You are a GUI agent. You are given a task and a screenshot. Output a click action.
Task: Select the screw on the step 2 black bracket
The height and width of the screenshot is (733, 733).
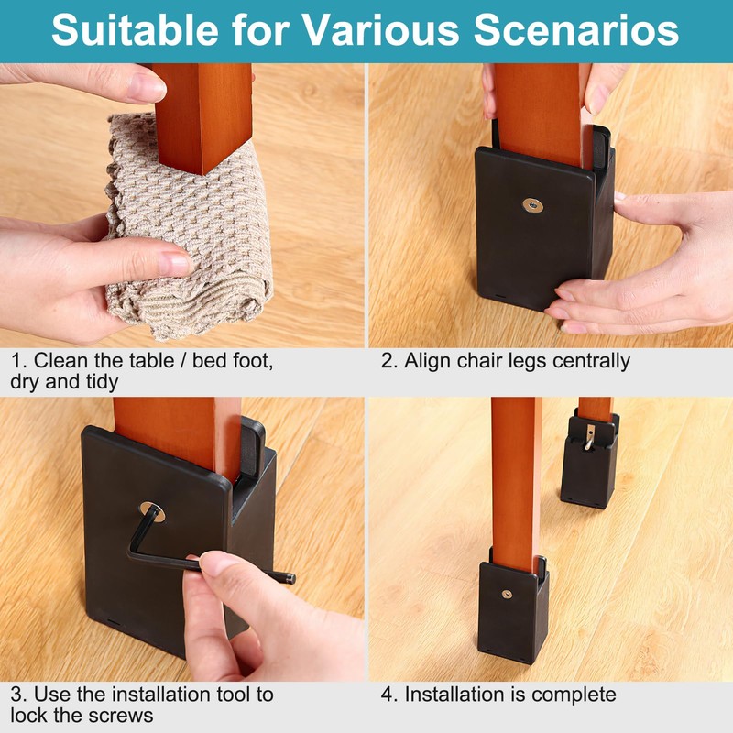tap(531, 207)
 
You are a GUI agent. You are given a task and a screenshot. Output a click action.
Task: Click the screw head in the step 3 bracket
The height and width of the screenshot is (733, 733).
tap(152, 510)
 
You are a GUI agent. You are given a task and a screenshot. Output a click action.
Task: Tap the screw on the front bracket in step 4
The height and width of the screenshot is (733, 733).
tap(508, 596)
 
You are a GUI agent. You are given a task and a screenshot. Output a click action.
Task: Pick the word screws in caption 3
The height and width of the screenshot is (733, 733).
tap(119, 715)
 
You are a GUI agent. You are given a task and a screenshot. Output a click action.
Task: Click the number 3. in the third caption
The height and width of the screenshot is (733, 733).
tap(18, 695)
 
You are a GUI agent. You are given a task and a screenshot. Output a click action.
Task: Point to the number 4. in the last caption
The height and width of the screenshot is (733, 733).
tap(389, 695)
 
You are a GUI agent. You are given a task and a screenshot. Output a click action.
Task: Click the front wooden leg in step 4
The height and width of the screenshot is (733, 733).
tap(515, 476)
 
